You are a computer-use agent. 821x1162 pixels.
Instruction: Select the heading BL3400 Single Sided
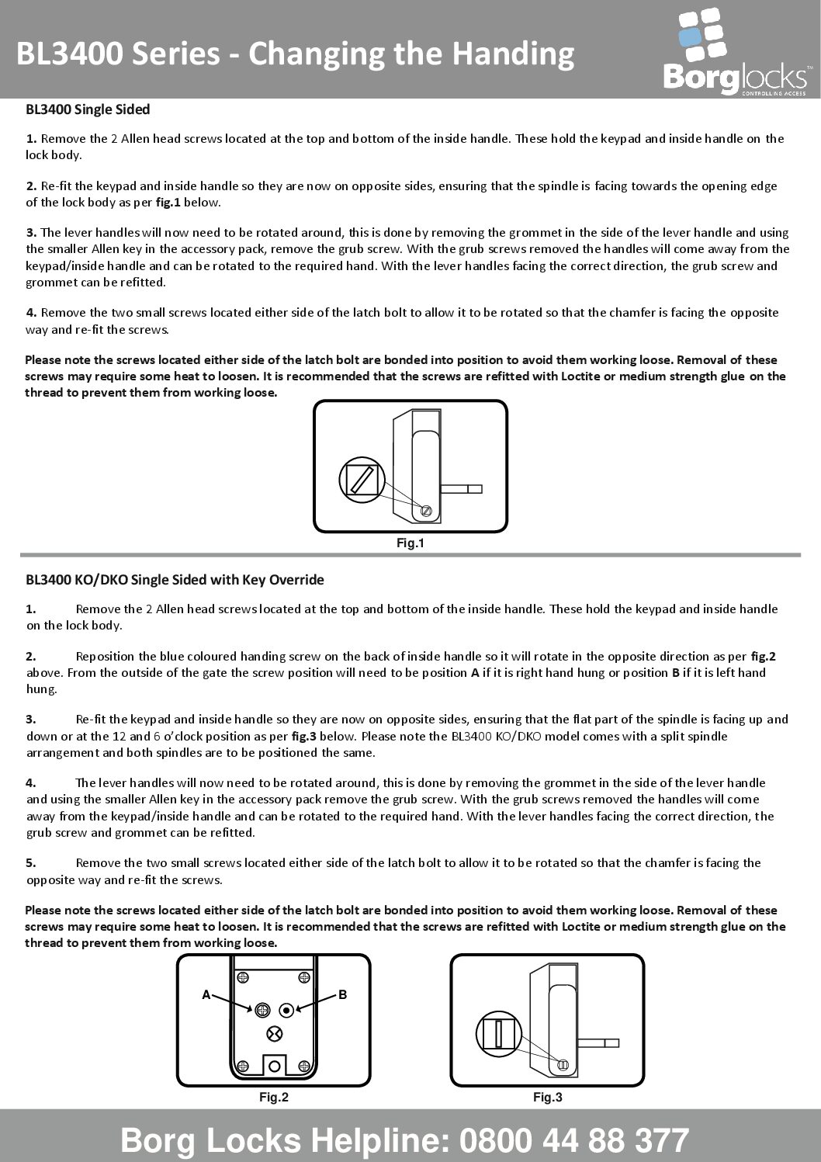88,109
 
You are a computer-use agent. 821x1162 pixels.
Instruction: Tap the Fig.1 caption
410,543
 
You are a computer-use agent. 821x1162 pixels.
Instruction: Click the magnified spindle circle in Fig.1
362,479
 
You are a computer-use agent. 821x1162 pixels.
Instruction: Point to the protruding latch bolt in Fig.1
462,489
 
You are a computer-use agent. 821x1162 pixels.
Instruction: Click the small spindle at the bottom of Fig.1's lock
426,511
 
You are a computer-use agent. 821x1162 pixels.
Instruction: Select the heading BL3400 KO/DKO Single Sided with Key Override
175,580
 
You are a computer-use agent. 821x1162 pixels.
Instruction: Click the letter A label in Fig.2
206,995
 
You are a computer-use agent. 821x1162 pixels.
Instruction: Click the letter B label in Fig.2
342,995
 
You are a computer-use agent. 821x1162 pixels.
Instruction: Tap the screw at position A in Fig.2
262,1010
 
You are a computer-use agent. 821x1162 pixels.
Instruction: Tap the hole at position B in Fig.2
287,1010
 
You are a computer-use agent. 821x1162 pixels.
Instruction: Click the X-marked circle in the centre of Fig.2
274,1033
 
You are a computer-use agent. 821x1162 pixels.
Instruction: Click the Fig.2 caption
273,1098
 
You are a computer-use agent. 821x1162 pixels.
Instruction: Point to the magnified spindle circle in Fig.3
499,1033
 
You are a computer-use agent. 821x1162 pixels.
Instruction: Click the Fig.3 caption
547,1098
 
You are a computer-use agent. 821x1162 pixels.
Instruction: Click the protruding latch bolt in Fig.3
599,1042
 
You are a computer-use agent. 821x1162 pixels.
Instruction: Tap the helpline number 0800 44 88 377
574,1140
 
